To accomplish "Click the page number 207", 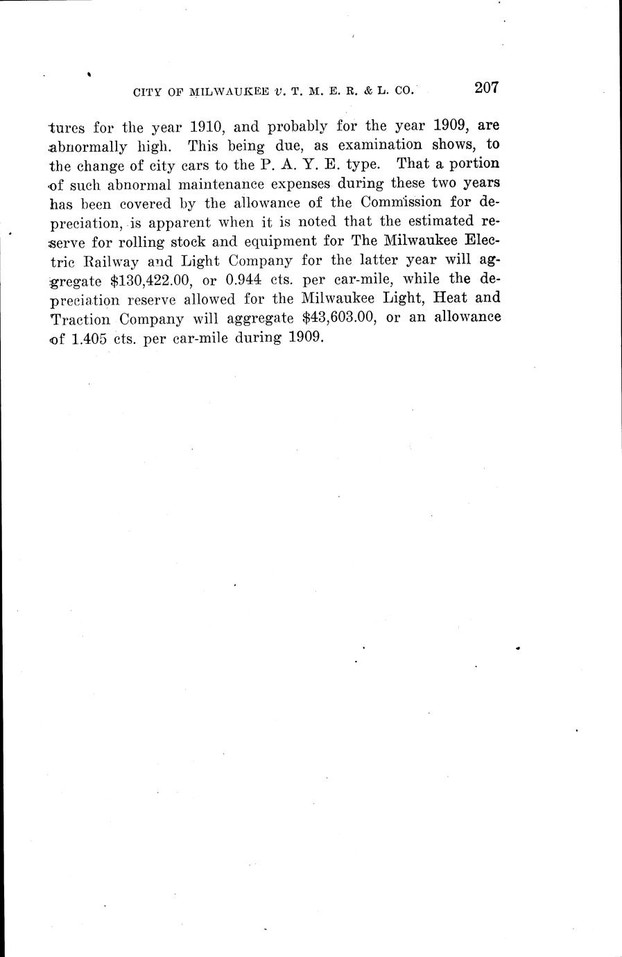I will pyautogui.click(x=487, y=88).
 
